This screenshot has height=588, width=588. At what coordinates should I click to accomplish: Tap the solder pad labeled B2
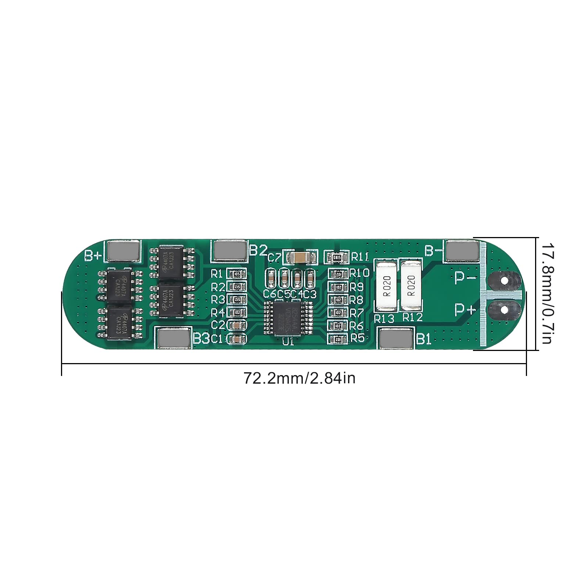(230, 250)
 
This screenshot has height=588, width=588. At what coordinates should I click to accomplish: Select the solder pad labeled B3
(173, 337)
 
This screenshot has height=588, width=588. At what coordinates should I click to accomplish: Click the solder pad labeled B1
(396, 338)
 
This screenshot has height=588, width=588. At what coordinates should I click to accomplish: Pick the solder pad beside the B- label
(463, 251)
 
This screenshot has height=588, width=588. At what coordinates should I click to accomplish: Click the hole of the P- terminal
(504, 281)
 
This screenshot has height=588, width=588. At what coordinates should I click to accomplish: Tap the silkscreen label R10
(359, 273)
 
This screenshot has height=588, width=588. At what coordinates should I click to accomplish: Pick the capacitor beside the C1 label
(237, 338)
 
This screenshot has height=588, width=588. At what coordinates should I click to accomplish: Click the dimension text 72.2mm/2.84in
(300, 378)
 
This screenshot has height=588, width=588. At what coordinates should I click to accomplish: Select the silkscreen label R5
(357, 338)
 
